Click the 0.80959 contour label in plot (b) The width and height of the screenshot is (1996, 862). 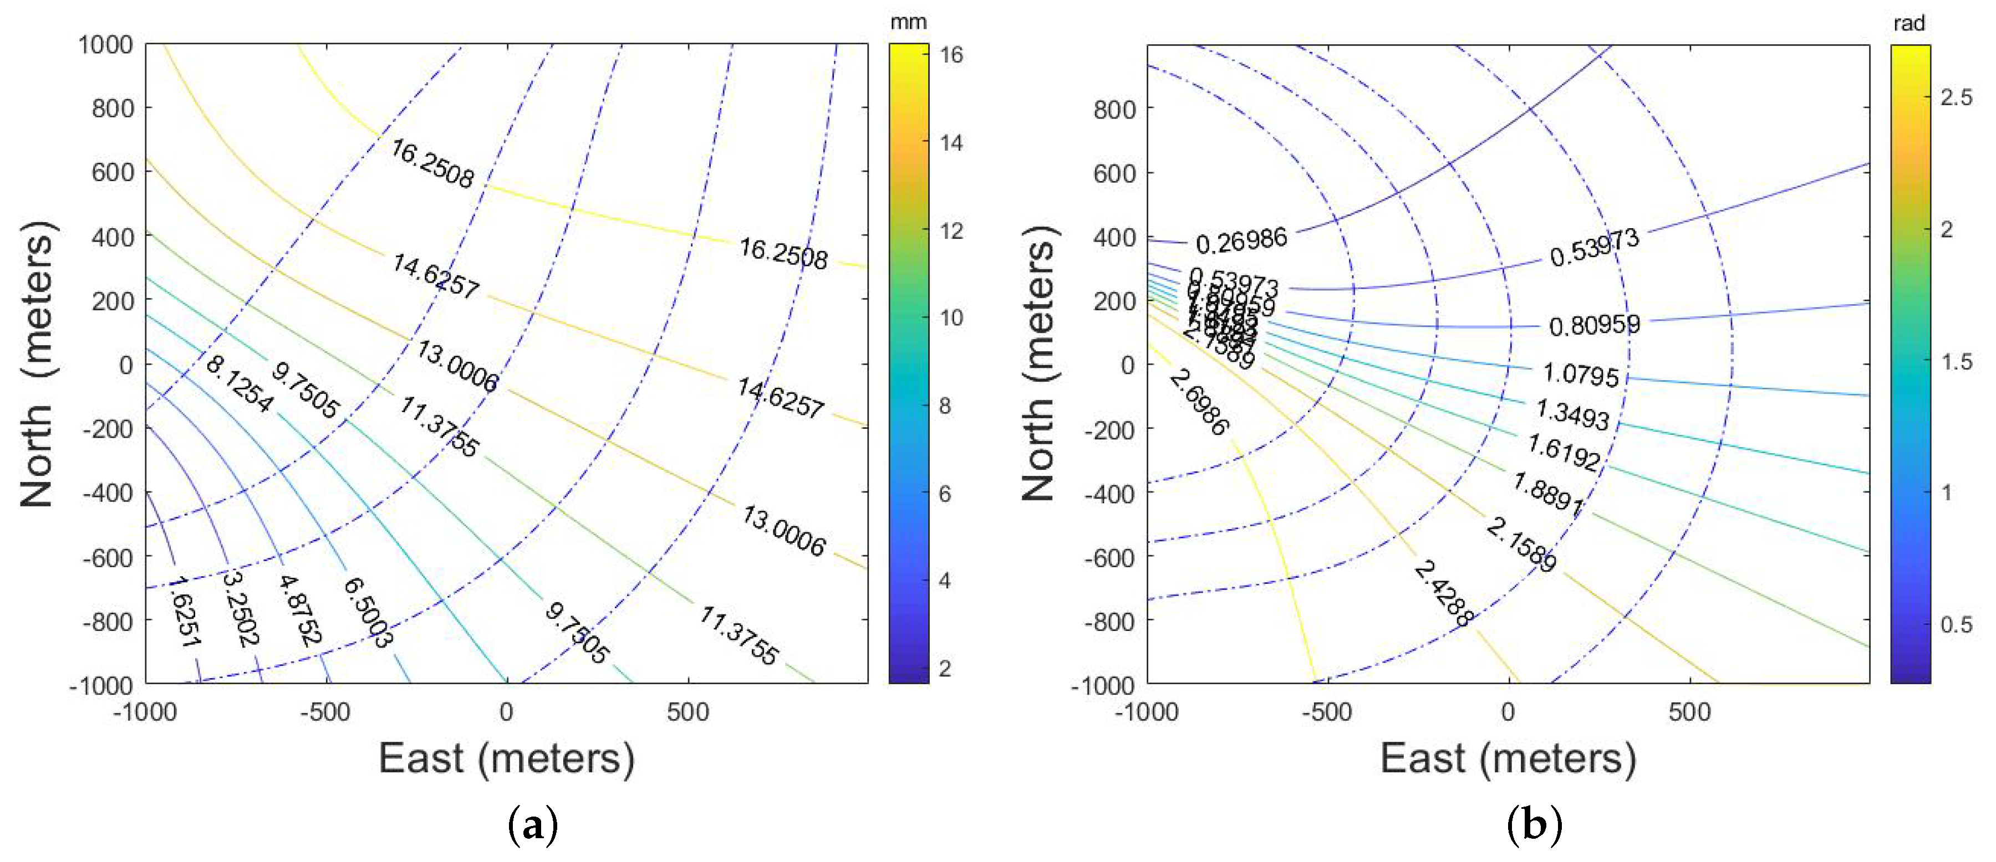(1594, 325)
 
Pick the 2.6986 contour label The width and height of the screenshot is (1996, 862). (1199, 401)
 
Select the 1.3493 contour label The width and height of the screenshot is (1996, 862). (1572, 414)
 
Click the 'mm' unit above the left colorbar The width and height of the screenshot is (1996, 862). (908, 22)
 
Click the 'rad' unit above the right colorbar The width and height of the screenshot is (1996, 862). (1909, 23)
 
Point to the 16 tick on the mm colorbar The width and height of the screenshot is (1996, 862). (951, 54)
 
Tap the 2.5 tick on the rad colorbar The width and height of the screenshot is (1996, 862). (1956, 97)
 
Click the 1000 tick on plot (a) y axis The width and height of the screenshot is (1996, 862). (105, 45)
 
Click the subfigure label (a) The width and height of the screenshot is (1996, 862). (532, 825)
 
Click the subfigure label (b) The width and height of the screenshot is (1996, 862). (1534, 825)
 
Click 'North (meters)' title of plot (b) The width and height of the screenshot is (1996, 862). (1038, 364)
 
